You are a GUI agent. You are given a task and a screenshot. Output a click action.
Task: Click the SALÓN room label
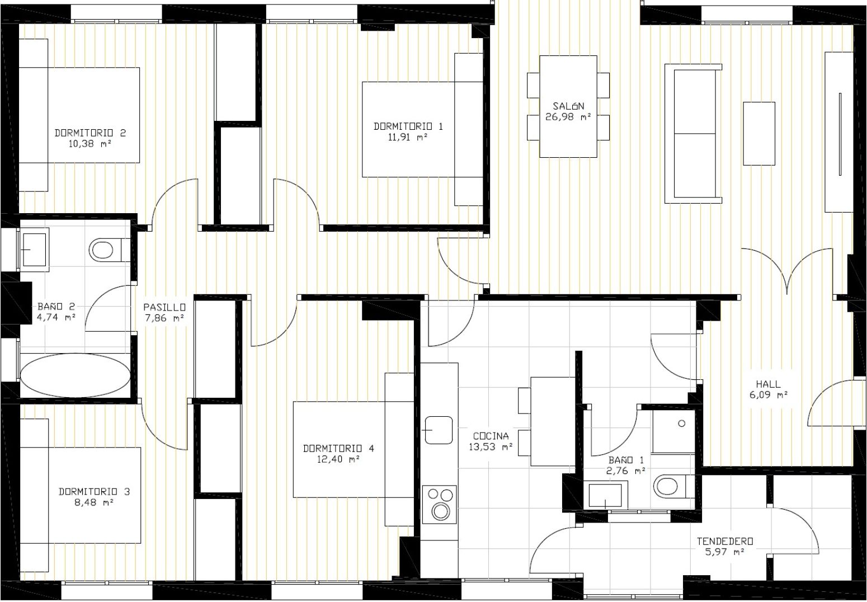click(x=568, y=106)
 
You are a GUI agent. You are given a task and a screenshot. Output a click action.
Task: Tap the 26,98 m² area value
click(x=568, y=117)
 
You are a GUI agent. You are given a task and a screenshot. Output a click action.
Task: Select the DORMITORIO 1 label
click(x=408, y=126)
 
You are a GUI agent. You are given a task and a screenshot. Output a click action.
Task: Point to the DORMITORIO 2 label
click(x=90, y=133)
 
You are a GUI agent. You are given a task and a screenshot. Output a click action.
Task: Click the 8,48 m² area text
click(x=94, y=502)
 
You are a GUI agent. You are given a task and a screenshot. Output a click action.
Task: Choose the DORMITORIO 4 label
click(x=338, y=448)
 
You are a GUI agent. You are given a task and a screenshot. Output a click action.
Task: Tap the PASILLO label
click(x=164, y=307)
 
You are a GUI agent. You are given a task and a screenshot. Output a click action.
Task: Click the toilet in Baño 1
click(x=668, y=486)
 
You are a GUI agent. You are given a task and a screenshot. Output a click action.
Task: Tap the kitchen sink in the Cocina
click(x=439, y=430)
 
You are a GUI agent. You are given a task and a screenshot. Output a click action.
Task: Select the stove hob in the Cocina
click(x=439, y=502)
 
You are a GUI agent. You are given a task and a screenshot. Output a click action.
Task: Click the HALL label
click(x=768, y=384)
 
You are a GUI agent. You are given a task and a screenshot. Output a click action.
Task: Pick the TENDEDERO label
click(x=724, y=542)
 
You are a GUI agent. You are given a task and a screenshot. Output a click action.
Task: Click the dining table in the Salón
click(x=568, y=106)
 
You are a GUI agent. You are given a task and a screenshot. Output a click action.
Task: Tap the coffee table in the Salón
click(x=758, y=133)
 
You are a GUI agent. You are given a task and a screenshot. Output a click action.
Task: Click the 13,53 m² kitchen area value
click(x=491, y=447)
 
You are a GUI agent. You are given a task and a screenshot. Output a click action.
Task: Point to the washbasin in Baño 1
click(x=605, y=495)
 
